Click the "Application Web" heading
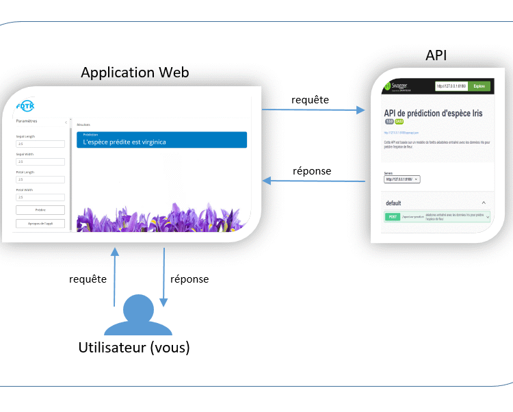(x=135, y=73)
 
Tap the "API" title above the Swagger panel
(x=436, y=55)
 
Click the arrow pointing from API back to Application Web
(x=314, y=181)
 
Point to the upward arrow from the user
(x=114, y=277)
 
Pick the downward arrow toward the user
(x=163, y=277)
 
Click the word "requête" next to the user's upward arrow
(x=88, y=279)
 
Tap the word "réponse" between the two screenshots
(x=312, y=170)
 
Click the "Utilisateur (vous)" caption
(x=134, y=348)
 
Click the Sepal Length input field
(x=40, y=144)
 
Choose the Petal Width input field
(x=40, y=197)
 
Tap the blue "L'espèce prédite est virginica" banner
(x=161, y=140)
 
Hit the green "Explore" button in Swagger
(x=479, y=87)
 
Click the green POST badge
(x=393, y=217)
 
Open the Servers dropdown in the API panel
(x=402, y=179)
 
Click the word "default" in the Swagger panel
(x=393, y=203)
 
